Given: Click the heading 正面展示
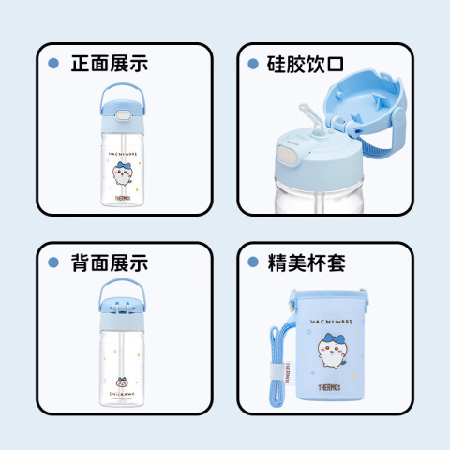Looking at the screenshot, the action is [110, 64].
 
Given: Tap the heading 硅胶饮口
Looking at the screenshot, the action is [306, 65].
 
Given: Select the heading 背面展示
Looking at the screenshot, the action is [110, 262].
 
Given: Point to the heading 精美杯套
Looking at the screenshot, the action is [307, 263].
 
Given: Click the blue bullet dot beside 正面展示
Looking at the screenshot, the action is [53, 64].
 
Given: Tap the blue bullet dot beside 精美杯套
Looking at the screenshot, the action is [253, 262].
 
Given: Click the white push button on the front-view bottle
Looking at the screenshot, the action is [123, 115].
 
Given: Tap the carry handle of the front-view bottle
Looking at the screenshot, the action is [122, 93].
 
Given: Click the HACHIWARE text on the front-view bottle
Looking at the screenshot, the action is [123, 154].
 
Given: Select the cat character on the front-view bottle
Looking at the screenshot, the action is [123, 173].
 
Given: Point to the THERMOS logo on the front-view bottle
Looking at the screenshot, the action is [123, 198].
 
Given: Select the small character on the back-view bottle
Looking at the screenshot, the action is [121, 382].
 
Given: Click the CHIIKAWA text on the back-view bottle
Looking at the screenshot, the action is [122, 394].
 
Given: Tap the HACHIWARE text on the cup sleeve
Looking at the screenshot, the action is [331, 322].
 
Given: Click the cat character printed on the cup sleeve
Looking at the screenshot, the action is [333, 351].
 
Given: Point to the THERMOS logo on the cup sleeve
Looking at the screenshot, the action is [329, 387].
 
